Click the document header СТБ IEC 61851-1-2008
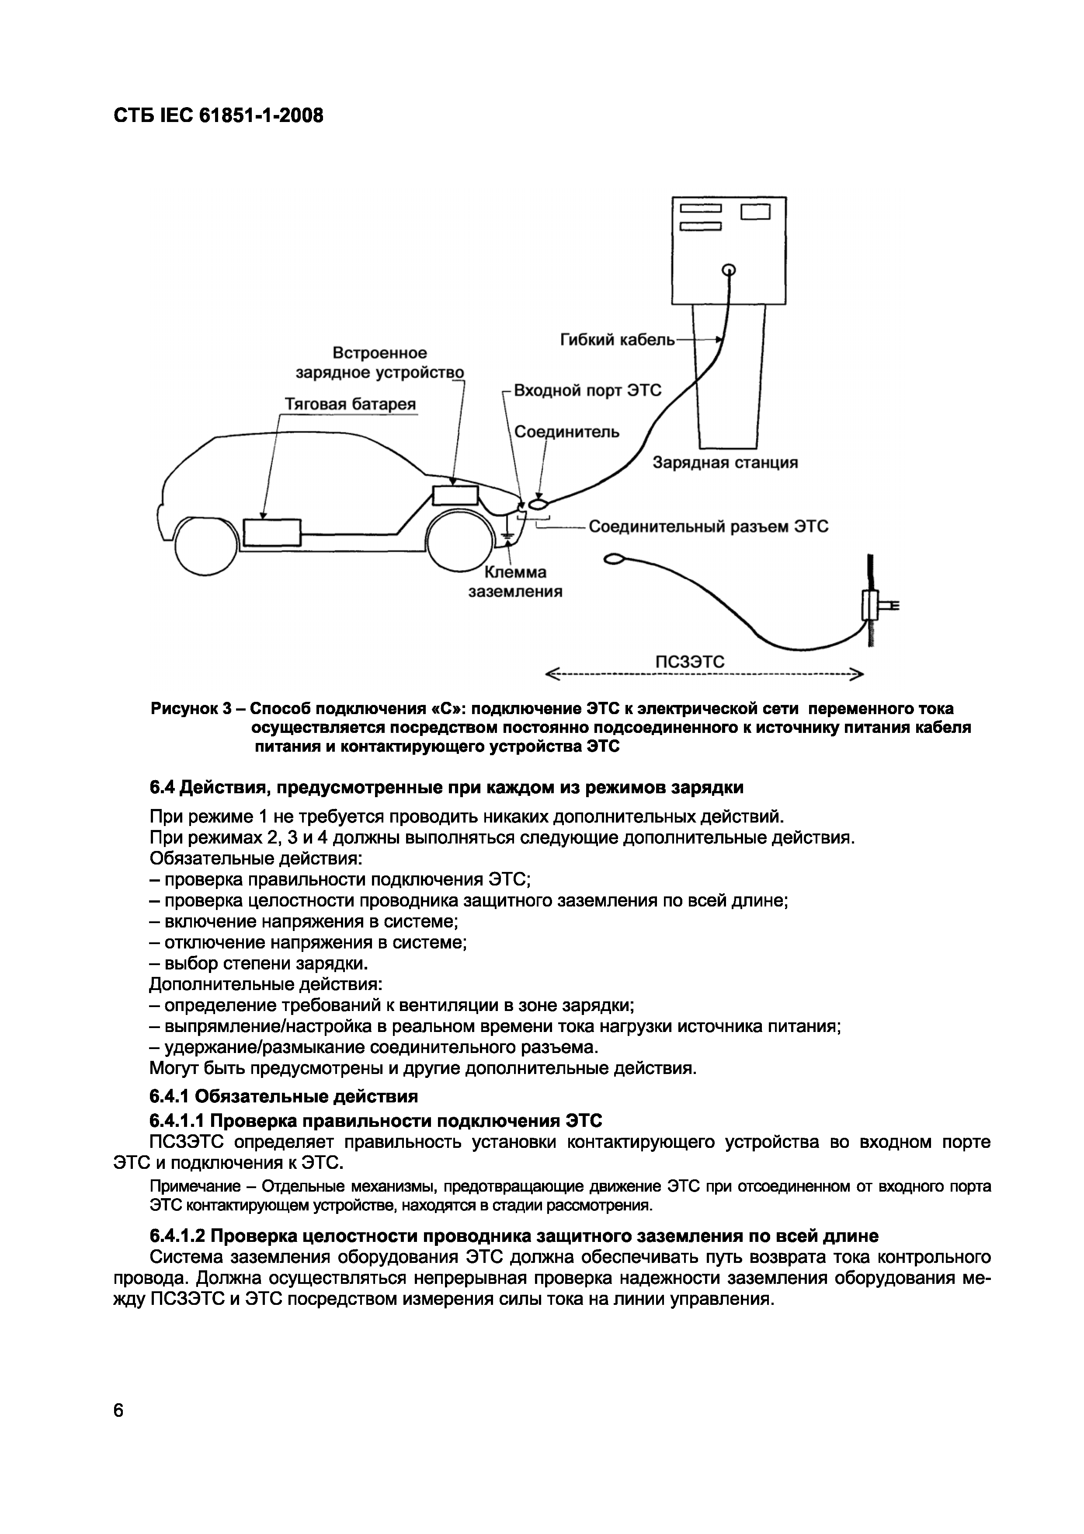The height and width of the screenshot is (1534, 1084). (x=218, y=115)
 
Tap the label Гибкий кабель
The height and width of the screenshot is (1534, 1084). (x=617, y=340)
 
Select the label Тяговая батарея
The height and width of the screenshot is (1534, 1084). (x=350, y=404)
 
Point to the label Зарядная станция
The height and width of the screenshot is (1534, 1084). (x=725, y=462)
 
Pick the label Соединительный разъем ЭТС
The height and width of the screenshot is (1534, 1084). (x=708, y=526)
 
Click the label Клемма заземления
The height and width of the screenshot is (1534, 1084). (x=514, y=581)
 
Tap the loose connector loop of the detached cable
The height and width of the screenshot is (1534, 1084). (x=614, y=559)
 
